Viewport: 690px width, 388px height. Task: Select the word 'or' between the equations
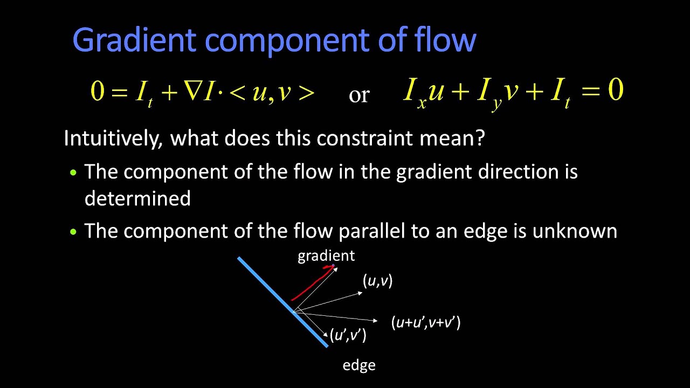(x=359, y=95)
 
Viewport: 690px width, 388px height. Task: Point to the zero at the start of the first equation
(x=97, y=92)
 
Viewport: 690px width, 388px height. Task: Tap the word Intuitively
(x=112, y=139)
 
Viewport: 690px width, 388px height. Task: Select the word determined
(x=137, y=199)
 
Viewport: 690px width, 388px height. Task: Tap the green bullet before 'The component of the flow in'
(x=74, y=173)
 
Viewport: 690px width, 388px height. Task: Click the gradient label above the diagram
(x=326, y=256)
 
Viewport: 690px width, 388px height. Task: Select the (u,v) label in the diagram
(x=378, y=281)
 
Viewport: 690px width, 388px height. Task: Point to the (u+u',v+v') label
(x=426, y=323)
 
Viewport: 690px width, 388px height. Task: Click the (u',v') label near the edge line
(x=348, y=335)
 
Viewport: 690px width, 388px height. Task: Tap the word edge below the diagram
(x=359, y=365)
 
